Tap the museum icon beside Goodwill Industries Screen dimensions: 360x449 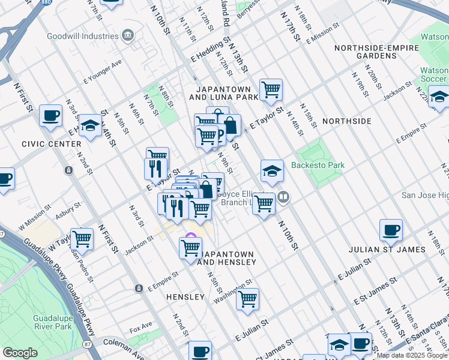click(127, 35)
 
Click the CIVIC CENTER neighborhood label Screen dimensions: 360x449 click(51, 144)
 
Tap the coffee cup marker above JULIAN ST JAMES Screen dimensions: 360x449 click(391, 229)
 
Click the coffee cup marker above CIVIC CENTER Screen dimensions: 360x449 click(51, 115)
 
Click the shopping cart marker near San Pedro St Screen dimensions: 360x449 click(82, 239)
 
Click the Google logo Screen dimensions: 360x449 click(20, 353)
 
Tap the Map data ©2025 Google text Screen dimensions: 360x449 click(411, 355)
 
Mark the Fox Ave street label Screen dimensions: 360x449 click(141, 330)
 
